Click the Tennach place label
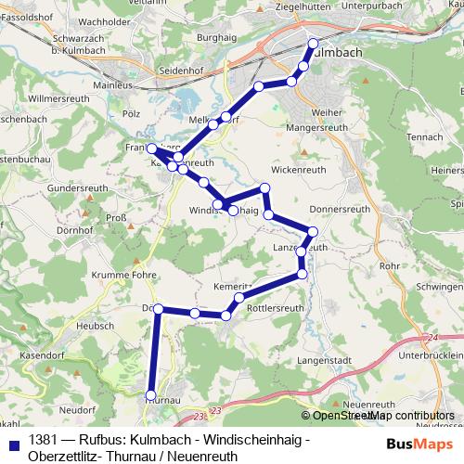tap(426, 135)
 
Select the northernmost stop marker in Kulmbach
tap(313, 43)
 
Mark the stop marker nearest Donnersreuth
tap(313, 231)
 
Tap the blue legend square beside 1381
tap(12, 441)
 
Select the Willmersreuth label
tap(58, 97)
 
